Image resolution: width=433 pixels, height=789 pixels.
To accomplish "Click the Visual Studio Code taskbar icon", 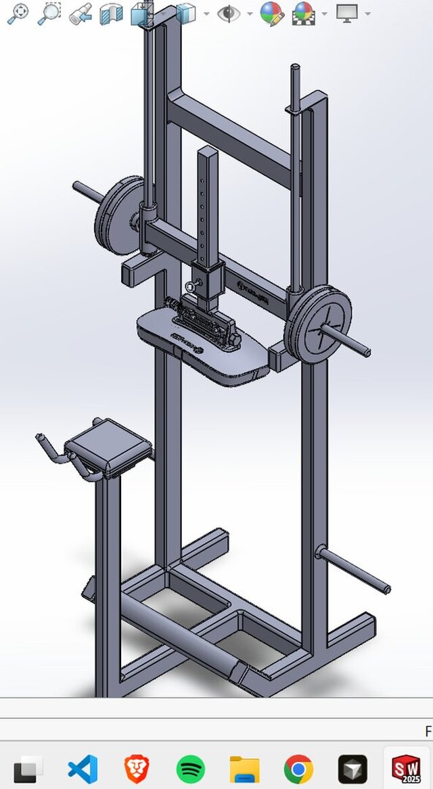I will coord(83,769).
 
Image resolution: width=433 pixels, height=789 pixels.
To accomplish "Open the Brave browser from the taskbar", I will coord(137,769).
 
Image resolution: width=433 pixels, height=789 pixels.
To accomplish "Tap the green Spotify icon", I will coord(191,769).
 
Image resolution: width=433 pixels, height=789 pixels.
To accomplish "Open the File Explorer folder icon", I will coord(244,769).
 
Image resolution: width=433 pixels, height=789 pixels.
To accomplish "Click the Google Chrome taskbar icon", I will coord(298,769).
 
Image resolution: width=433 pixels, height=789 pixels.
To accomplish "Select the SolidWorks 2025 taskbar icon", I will coord(406,769).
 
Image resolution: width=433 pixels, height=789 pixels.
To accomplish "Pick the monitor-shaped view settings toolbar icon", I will coord(347,13).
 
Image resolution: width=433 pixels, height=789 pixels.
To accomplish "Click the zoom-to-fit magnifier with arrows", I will coord(18,13).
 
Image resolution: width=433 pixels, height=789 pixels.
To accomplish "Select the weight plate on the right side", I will coord(318,323).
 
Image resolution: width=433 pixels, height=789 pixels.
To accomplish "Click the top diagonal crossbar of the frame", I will coord(230,132).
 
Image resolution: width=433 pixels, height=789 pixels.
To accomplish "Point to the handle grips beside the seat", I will coord(51,450).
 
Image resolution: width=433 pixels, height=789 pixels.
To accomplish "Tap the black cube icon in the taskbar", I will coord(352,769).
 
